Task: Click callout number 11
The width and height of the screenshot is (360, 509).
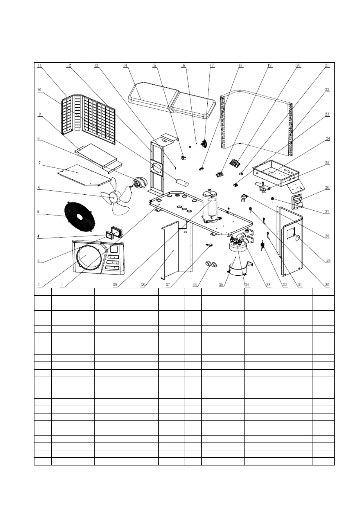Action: pyautogui.click(x=40, y=65)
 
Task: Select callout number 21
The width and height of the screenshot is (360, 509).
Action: pyautogui.click(x=327, y=65)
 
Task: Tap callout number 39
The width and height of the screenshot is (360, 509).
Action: pyautogui.click(x=115, y=285)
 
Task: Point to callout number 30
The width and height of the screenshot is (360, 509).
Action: pyautogui.click(x=327, y=285)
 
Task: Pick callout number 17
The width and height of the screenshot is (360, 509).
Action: pyautogui.click(x=212, y=65)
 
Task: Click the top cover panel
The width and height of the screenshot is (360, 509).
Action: pyautogui.click(x=172, y=100)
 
